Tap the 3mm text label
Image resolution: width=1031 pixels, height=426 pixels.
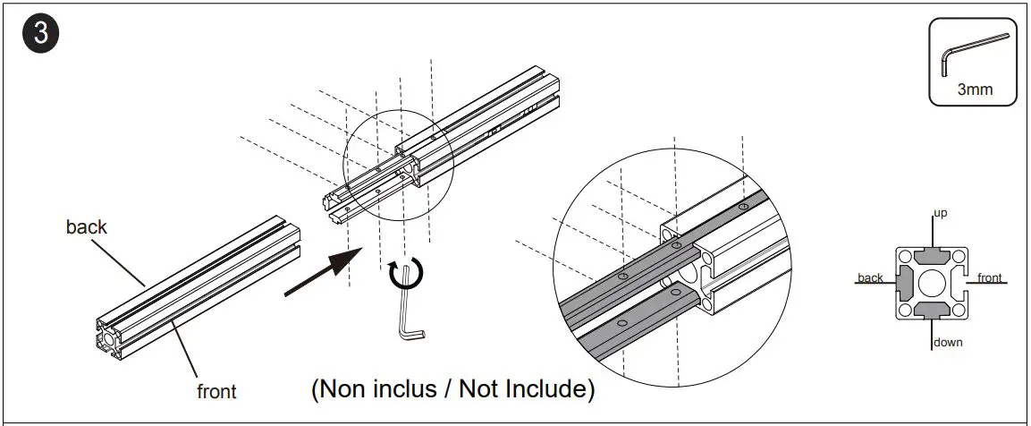pos(974,89)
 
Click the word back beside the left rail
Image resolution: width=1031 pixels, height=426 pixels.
pos(87,227)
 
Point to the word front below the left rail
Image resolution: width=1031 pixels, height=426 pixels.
pos(216,391)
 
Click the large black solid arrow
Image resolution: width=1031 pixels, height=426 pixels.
pos(326,272)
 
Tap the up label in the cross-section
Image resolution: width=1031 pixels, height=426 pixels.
pos(940,214)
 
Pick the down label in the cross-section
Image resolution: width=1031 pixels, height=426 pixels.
pos(947,342)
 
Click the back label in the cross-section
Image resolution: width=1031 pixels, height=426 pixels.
pos(870,277)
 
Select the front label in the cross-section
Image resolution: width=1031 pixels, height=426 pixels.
pos(989,277)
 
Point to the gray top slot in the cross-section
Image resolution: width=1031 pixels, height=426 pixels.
pos(933,256)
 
